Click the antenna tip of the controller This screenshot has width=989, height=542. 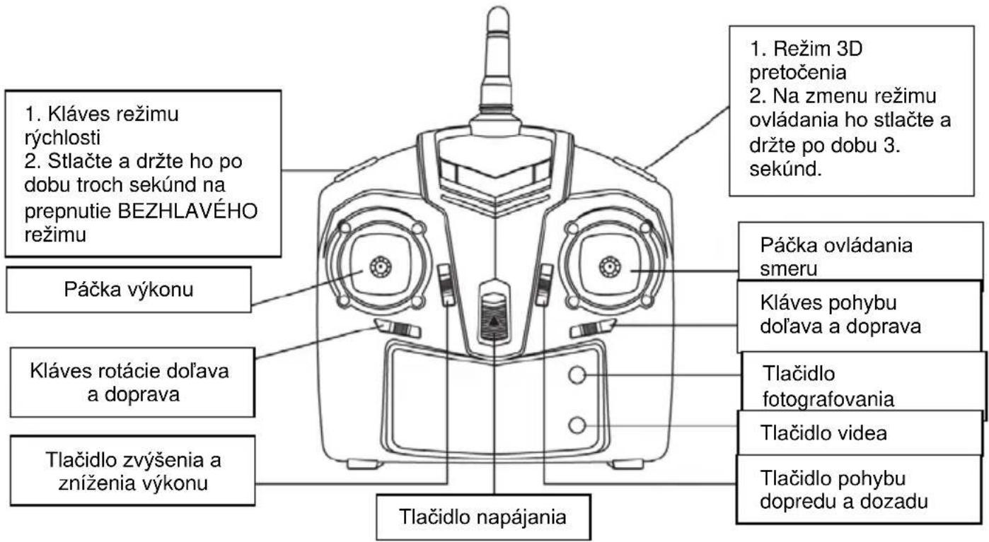coord(498,13)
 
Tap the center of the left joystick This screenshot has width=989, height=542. coord(381,267)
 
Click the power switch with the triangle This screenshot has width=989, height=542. coord(494,317)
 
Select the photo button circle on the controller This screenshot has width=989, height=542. coord(577,375)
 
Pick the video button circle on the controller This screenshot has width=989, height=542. coord(577,425)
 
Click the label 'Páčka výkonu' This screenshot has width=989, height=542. coord(129,290)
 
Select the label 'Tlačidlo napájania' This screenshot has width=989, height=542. coord(482,517)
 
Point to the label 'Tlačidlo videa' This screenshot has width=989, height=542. coord(823,432)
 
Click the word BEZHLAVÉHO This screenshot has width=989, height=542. coord(187,211)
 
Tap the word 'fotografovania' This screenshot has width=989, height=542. coord(828,399)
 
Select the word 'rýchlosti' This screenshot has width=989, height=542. coord(62,138)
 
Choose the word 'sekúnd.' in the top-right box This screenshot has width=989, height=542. coord(785,169)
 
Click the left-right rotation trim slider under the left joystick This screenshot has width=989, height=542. coord(398,329)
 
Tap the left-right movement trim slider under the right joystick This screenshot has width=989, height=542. coord(593,329)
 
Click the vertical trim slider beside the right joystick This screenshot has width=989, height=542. coord(545,285)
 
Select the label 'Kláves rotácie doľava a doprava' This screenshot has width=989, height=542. coord(129,382)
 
